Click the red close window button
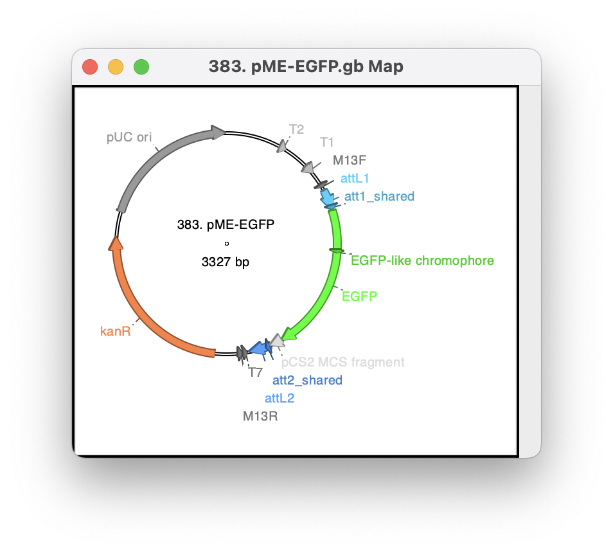(x=90, y=67)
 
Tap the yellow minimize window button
(x=116, y=67)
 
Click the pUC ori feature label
(x=129, y=137)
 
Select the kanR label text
(x=115, y=331)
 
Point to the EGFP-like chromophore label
(x=422, y=260)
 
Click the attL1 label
(x=355, y=178)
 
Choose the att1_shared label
(x=379, y=196)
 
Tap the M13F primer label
(x=350, y=160)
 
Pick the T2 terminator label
(x=296, y=129)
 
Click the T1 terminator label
(x=327, y=142)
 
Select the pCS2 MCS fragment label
(x=343, y=362)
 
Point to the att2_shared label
(x=307, y=380)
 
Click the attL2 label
(x=279, y=398)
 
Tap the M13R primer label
(x=260, y=416)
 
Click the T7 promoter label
(x=255, y=373)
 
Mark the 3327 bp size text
(x=225, y=262)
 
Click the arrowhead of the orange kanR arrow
(x=116, y=243)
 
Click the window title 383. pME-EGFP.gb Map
(x=306, y=66)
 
